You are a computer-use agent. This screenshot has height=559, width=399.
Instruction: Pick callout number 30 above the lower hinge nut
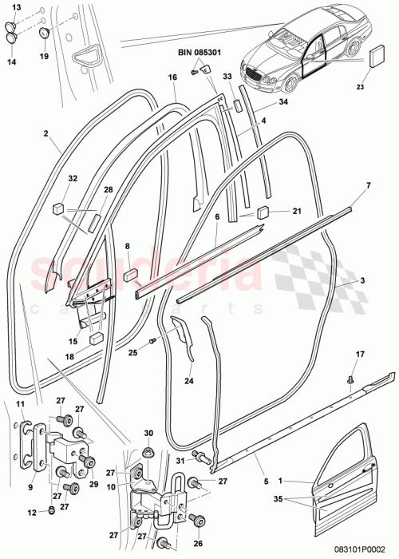click(x=148, y=432)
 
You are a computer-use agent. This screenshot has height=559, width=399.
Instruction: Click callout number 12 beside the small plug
click(x=30, y=513)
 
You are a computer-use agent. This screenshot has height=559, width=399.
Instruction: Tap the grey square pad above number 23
click(x=378, y=57)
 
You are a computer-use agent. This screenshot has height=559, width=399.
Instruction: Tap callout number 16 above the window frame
click(x=172, y=78)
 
